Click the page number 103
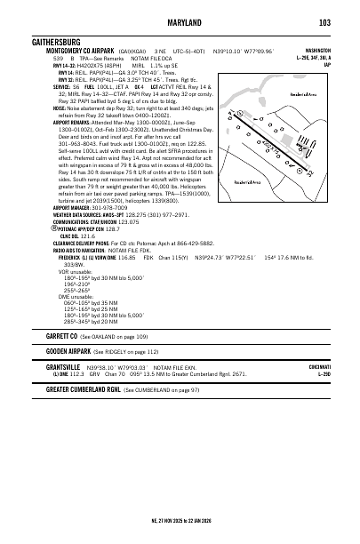324,22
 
